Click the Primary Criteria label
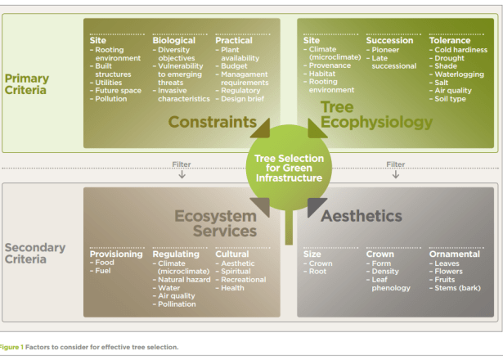pos(26,84)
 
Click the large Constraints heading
pos(213,122)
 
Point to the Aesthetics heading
pos(361,216)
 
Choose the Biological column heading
pos(174,40)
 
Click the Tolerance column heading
pos(450,40)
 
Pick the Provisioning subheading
pos(116,254)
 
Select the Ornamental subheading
pos(454,254)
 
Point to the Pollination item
pos(176,304)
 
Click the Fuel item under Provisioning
pos(105,271)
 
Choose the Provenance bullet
pos(333,65)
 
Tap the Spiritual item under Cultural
pos(238,271)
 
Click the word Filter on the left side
pos(182,164)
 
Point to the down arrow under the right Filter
pos(396,174)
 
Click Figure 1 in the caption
pos(11,347)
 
